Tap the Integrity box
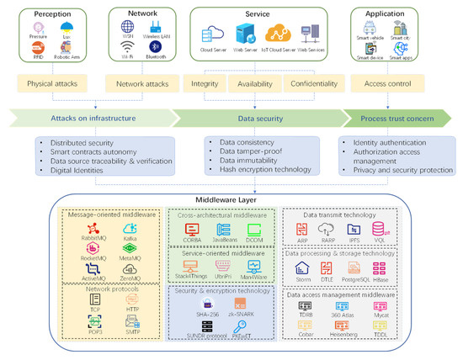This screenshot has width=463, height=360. click(x=206, y=85)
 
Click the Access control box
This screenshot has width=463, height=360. click(x=387, y=85)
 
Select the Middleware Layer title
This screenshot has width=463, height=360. click(x=231, y=200)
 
